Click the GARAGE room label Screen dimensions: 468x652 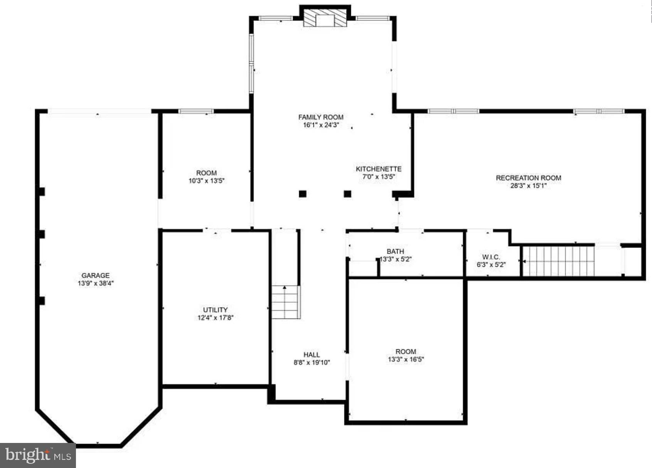click(x=95, y=275)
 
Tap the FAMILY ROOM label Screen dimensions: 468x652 click(x=321, y=117)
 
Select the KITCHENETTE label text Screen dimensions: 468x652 click(x=378, y=169)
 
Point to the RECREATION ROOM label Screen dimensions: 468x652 click(x=528, y=178)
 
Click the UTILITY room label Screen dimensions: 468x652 click(x=215, y=310)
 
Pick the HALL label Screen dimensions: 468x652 click(x=312, y=355)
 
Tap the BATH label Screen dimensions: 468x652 click(x=395, y=251)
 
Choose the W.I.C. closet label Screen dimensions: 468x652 click(x=491, y=257)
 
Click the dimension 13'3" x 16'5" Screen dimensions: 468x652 click(x=406, y=359)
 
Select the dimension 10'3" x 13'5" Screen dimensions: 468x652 click(x=206, y=181)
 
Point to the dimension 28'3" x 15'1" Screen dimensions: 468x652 click(x=528, y=185)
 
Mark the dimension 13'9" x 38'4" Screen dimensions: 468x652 click(x=95, y=283)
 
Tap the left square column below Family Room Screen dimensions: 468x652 click(x=303, y=194)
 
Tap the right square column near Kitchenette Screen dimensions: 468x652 click(x=347, y=194)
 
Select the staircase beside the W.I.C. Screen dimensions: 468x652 click(x=558, y=261)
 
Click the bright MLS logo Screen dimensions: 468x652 click(x=38, y=455)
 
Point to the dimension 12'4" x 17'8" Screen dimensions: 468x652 click(x=215, y=318)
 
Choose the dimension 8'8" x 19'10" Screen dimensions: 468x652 click(x=312, y=362)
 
